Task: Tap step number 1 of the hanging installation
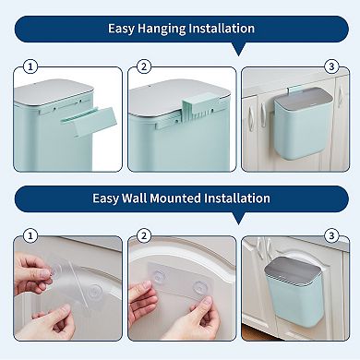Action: coord(30,66)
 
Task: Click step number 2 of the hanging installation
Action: coord(143,66)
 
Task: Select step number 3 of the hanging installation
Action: coord(330,66)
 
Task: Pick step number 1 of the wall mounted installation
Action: coord(30,235)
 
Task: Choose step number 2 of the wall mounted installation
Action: coord(143,235)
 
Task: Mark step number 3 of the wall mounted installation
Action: coord(330,235)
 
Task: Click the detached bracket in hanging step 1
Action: coord(93,120)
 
